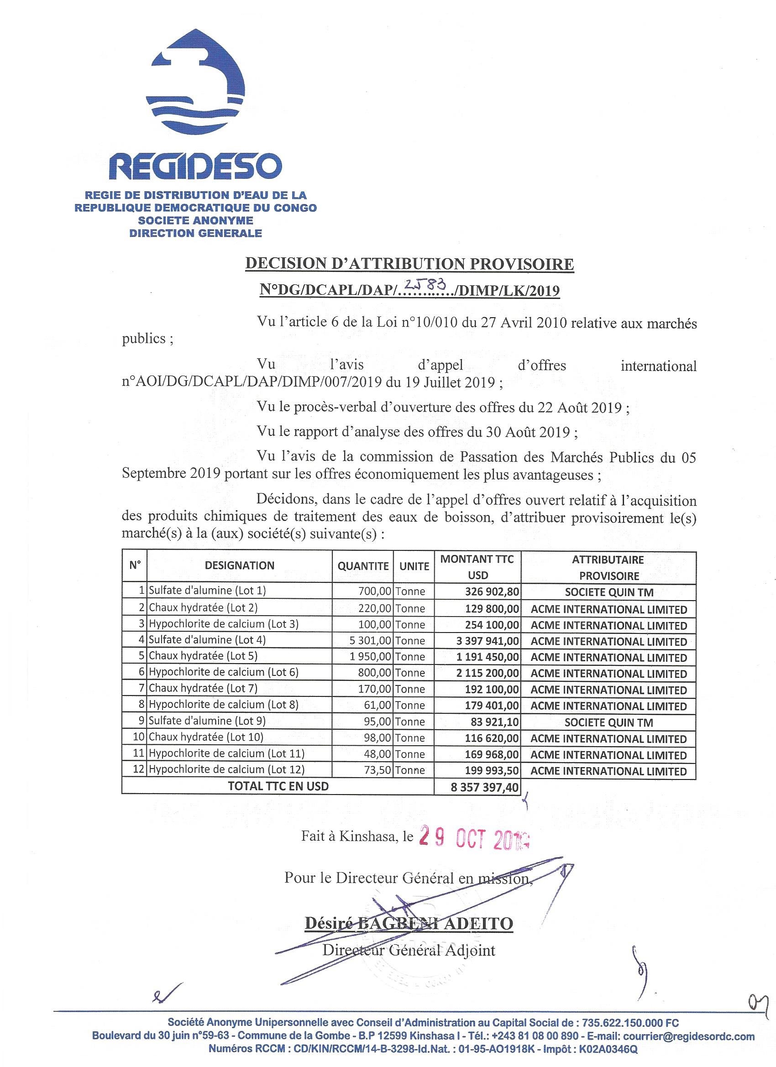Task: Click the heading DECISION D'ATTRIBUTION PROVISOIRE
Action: point(409,263)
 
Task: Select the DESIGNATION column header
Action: point(240,565)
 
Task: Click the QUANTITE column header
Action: point(363,566)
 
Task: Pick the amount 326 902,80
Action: point(491,591)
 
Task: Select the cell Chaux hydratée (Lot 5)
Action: point(203,656)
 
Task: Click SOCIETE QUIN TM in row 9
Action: point(608,722)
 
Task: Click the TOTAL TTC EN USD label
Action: point(278,786)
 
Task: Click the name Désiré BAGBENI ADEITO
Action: point(409,923)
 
